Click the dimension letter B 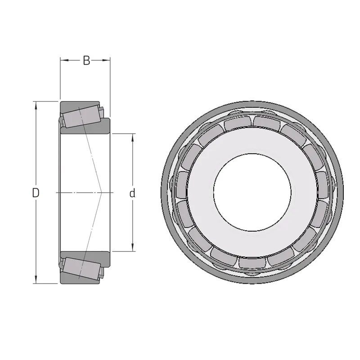86,61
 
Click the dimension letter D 36,193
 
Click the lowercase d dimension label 132,193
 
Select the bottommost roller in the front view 252,263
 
